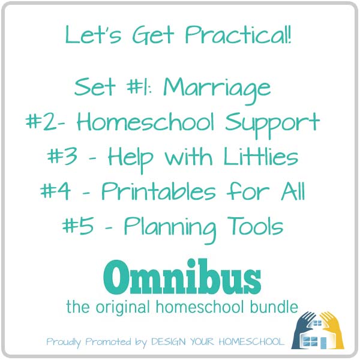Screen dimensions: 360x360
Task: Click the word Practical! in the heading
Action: (238, 35)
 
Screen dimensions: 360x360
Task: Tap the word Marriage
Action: (217, 90)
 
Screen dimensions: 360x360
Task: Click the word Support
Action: (272, 125)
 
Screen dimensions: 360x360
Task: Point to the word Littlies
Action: (261, 157)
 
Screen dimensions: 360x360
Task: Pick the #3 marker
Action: (62, 156)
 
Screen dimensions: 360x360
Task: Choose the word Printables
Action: (158, 191)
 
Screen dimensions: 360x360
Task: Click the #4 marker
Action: (55, 191)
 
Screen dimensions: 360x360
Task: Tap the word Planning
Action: (170, 229)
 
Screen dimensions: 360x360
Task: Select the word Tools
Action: (255, 226)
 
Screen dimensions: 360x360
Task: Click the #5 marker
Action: (78, 226)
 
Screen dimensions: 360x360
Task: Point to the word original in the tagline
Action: (122, 308)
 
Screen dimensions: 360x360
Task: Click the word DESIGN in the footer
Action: (168, 342)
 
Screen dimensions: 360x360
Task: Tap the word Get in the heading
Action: (153, 35)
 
